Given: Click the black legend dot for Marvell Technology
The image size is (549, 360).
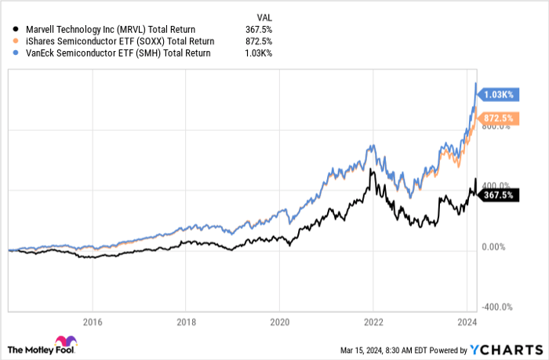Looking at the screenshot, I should click(x=11, y=30).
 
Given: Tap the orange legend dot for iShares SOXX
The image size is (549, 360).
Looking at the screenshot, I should click(x=11, y=40).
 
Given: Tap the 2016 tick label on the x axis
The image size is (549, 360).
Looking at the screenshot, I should click(x=93, y=322).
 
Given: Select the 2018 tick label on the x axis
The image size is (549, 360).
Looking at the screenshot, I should click(x=187, y=322).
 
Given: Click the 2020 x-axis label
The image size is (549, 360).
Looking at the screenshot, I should click(x=280, y=322).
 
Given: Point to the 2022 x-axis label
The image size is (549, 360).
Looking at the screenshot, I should click(x=373, y=322).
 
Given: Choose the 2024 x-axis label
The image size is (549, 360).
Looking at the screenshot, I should click(x=466, y=322).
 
